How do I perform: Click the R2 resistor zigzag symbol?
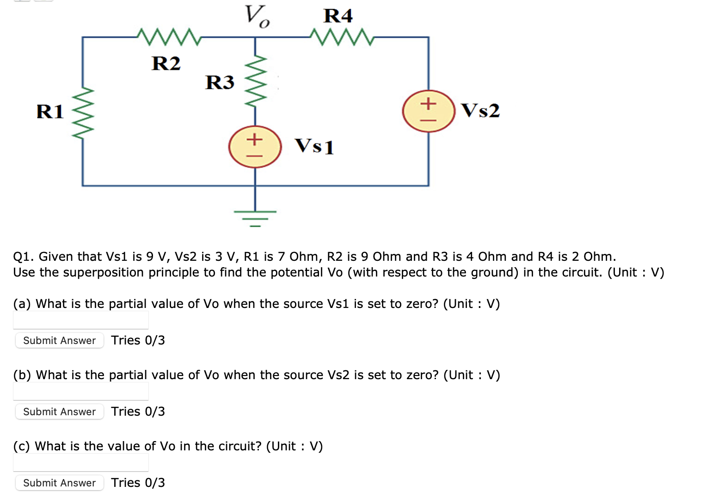coord(169,37)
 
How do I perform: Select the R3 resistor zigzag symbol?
coord(256,81)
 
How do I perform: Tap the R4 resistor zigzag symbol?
coord(342,37)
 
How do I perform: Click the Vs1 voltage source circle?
coord(255,147)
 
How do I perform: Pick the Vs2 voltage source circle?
coord(429,111)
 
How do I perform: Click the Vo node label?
coord(257,16)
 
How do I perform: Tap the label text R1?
coord(50,112)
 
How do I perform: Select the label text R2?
coord(166,63)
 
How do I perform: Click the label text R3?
coord(220,82)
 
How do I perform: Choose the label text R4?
coord(338,16)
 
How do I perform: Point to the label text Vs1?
coord(314,146)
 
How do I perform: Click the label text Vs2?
coord(480,111)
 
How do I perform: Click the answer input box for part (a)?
coord(81,320)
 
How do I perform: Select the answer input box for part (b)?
coord(81,391)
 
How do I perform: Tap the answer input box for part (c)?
coord(81,462)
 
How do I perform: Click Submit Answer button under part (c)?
coord(59,483)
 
